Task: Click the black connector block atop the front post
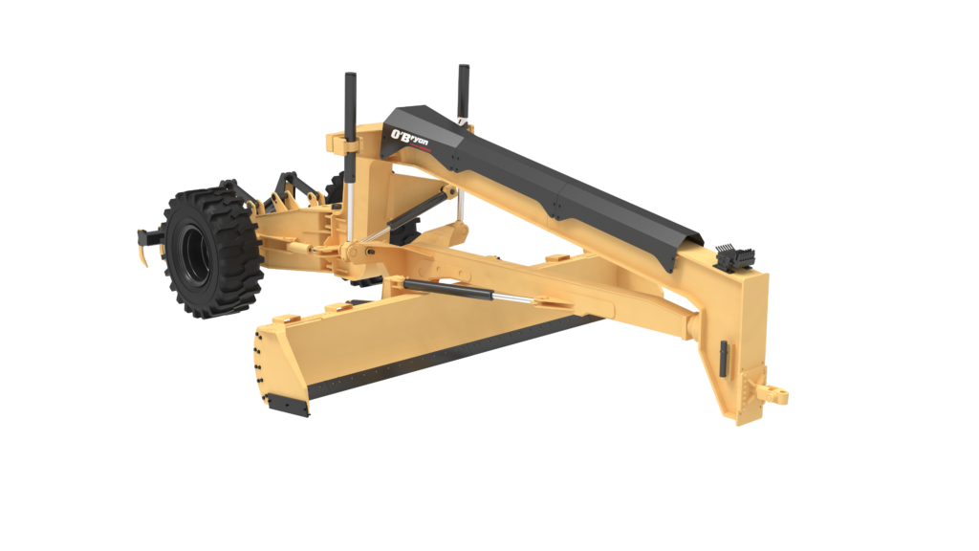click(x=737, y=257)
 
